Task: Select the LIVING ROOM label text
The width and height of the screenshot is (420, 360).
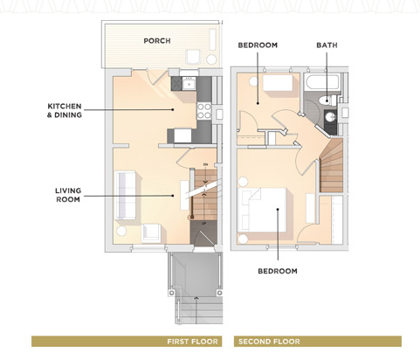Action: click(x=67, y=194)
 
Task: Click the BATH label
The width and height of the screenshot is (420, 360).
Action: click(x=327, y=45)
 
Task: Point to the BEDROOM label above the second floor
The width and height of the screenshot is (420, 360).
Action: click(x=258, y=45)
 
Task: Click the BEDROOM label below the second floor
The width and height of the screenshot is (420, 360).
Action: click(x=278, y=271)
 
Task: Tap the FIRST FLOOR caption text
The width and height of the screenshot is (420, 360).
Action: click(x=193, y=342)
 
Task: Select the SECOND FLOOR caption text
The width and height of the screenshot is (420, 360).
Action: click(x=269, y=342)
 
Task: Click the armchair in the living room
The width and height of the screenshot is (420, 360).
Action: click(x=150, y=232)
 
